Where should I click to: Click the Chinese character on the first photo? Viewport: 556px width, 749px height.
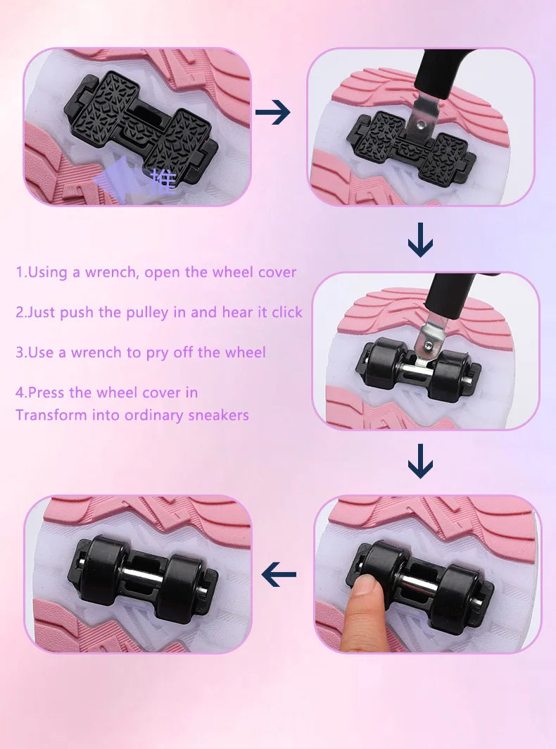[163, 182]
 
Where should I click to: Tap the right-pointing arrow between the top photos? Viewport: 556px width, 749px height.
[272, 113]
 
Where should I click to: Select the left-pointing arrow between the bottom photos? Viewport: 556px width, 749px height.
[279, 574]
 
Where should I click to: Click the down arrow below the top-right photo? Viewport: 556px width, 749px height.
[420, 240]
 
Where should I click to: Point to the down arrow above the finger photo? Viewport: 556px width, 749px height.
[420, 461]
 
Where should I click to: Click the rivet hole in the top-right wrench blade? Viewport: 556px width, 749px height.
[420, 125]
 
